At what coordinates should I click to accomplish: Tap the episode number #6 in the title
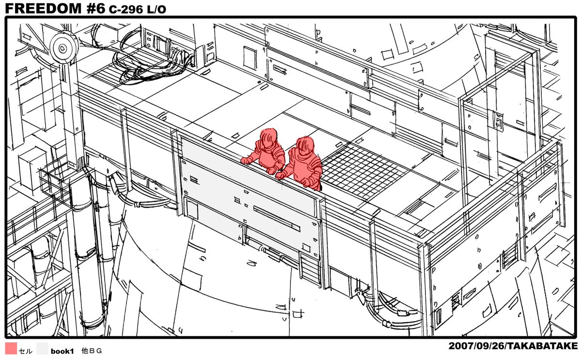click(96, 8)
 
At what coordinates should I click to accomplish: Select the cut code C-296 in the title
click(126, 9)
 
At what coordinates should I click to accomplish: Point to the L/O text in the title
click(156, 9)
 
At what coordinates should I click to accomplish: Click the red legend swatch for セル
click(11, 348)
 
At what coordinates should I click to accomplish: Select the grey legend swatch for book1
click(42, 348)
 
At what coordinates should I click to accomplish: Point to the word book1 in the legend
click(62, 351)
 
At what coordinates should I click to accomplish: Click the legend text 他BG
click(92, 351)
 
